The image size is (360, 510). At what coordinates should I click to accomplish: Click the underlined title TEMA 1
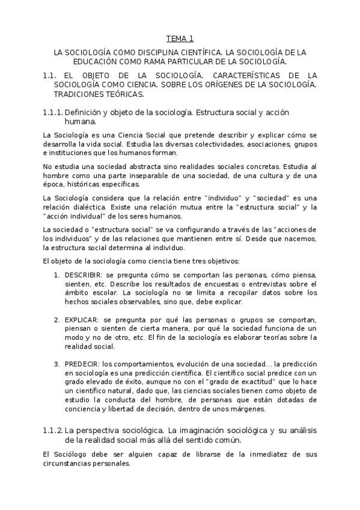(x=180, y=39)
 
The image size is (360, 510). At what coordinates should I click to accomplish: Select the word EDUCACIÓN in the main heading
(x=93, y=61)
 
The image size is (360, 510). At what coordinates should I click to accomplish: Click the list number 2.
(x=57, y=319)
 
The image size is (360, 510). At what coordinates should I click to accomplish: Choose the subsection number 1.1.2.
(x=53, y=431)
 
